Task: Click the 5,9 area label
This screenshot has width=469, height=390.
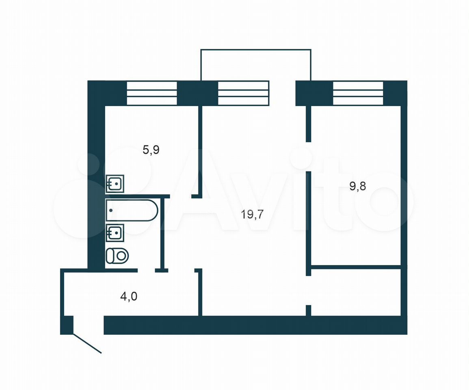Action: tap(151, 149)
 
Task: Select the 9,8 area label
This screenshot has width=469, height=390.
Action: tap(358, 186)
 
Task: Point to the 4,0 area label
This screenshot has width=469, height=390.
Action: tap(129, 296)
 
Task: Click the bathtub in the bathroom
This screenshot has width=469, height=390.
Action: tap(132, 210)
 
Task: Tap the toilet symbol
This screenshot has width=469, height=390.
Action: tap(117, 256)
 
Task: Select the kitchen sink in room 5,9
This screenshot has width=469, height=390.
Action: tap(115, 184)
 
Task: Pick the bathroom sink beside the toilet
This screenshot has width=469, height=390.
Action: tap(115, 233)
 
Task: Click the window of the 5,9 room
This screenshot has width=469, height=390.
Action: tap(152, 93)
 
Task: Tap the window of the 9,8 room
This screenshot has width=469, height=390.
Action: tap(358, 93)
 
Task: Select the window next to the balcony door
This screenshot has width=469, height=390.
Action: tap(244, 93)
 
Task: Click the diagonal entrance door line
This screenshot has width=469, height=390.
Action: tap(87, 343)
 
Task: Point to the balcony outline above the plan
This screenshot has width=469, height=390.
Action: tap(256, 50)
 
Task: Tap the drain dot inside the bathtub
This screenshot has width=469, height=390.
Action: tap(111, 210)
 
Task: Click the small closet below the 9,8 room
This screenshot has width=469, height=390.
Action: tap(356, 291)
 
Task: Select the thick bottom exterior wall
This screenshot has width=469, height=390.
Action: tap(255, 325)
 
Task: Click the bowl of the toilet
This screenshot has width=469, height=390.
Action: tap(121, 256)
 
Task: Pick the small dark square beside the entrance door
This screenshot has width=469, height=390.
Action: tap(67, 325)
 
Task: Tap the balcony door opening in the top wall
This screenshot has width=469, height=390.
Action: tap(282, 93)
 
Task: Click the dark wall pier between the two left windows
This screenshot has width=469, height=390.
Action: tap(197, 93)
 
